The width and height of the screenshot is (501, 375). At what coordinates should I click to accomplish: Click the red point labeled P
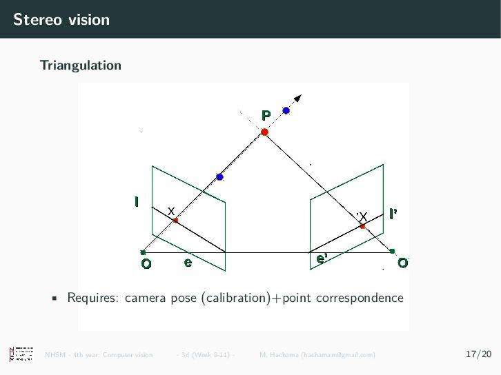[264, 132]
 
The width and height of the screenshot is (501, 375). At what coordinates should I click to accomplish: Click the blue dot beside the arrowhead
[286, 110]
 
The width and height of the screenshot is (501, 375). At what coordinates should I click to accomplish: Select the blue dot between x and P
[219, 177]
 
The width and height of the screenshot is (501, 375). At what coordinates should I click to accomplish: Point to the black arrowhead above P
[298, 98]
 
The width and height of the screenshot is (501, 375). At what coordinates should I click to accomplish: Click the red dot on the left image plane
[176, 221]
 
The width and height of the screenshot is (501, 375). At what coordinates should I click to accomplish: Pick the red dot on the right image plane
[362, 226]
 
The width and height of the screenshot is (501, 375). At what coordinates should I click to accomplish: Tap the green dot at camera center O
[143, 252]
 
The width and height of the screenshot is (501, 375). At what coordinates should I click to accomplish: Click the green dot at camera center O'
[392, 251]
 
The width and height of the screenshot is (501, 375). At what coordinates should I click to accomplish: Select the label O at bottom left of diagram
[146, 264]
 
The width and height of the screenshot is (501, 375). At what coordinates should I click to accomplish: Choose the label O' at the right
[402, 263]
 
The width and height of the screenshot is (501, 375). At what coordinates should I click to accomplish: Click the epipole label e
[187, 262]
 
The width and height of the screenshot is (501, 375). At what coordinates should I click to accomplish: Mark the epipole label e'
[321, 259]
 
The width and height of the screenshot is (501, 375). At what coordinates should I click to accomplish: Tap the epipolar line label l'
[393, 214]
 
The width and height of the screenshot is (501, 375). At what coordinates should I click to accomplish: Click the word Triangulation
[81, 65]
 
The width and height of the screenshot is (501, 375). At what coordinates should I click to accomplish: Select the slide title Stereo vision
[61, 19]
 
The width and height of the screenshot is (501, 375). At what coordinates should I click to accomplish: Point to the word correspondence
[359, 298]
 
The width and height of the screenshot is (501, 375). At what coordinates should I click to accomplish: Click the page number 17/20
[479, 354]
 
